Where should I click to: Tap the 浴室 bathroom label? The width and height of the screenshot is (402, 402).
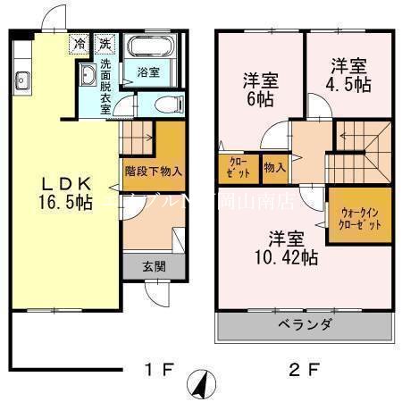click(x=148, y=71)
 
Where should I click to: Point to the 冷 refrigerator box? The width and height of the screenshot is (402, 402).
click(x=81, y=43)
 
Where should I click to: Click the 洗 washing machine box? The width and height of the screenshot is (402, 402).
click(x=105, y=43)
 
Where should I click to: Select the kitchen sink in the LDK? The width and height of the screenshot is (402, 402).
click(x=22, y=83)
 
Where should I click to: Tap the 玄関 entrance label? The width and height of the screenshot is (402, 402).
click(x=153, y=266)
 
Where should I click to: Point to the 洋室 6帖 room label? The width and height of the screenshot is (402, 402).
click(x=261, y=89)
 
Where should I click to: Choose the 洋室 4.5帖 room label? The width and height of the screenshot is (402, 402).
click(x=349, y=75)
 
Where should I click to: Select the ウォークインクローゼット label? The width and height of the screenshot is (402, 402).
click(x=361, y=218)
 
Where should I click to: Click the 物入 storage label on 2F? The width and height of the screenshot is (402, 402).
click(x=274, y=166)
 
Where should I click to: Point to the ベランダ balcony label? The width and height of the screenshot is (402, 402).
click(x=304, y=324)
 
